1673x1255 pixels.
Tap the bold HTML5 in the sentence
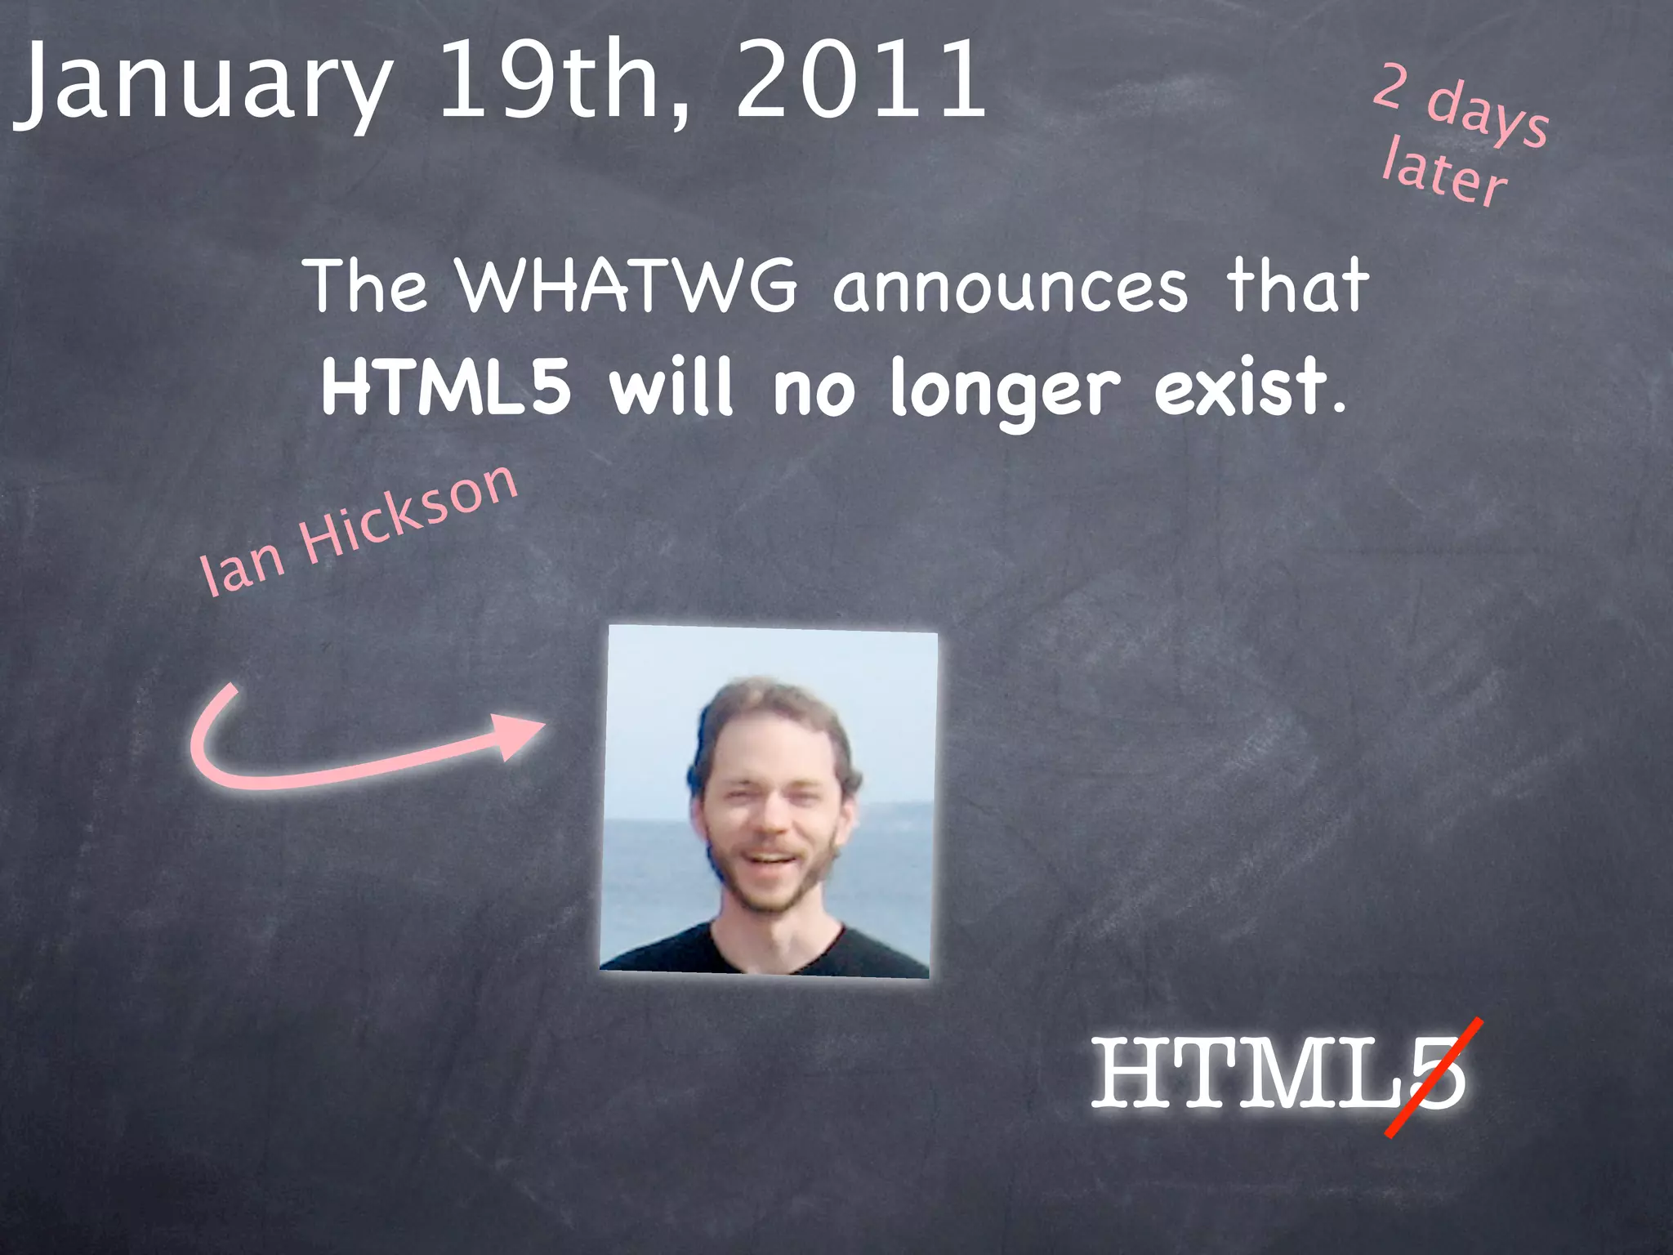click(x=446, y=387)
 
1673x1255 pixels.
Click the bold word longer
click(x=1005, y=391)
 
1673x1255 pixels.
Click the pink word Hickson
click(x=408, y=515)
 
